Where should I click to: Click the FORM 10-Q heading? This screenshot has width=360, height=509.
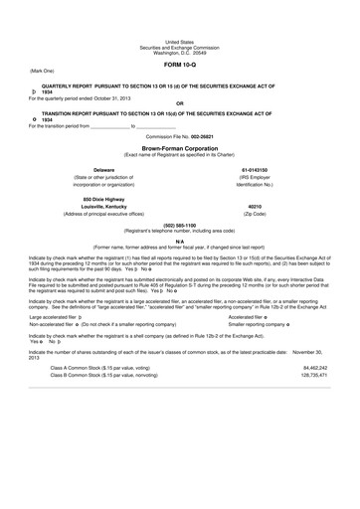pos(179,64)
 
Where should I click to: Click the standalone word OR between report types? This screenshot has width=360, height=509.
pos(179,103)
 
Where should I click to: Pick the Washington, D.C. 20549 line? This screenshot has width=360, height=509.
pos(179,50)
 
